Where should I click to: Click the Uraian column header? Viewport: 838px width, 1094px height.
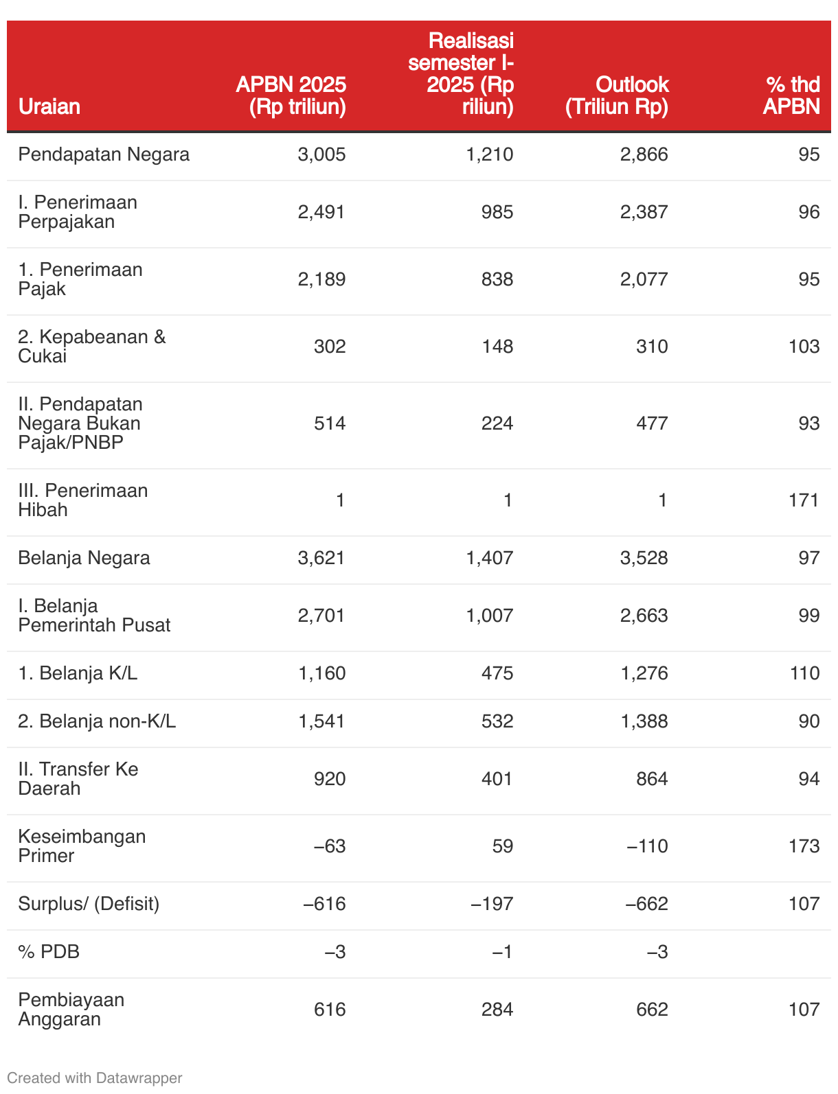click(x=49, y=106)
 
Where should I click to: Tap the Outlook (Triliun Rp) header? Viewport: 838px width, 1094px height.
click(x=617, y=95)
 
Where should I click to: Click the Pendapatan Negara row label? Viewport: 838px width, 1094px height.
click(x=104, y=154)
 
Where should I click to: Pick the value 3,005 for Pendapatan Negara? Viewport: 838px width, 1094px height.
click(x=321, y=154)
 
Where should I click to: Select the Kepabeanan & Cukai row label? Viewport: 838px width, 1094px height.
click(x=91, y=347)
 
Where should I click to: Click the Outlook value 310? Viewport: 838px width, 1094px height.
click(x=652, y=347)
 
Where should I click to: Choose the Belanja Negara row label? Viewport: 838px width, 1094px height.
click(x=84, y=558)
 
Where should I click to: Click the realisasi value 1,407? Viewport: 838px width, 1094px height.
click(x=489, y=558)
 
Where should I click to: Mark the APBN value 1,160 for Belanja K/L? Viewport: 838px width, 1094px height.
click(x=321, y=673)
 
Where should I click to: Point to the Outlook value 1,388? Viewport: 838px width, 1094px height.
click(x=644, y=721)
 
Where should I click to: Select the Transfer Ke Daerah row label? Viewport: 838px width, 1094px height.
click(x=78, y=779)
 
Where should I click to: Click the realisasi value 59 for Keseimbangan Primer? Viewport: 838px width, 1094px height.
click(x=502, y=846)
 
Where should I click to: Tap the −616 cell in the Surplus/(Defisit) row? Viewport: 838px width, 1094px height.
click(x=324, y=904)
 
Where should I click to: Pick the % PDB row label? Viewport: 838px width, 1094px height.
click(x=49, y=952)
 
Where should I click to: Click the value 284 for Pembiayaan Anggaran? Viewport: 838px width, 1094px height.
click(x=497, y=1010)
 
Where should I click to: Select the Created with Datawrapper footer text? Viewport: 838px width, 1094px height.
click(x=94, y=1078)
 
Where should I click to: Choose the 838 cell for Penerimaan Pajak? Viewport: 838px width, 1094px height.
click(x=497, y=279)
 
